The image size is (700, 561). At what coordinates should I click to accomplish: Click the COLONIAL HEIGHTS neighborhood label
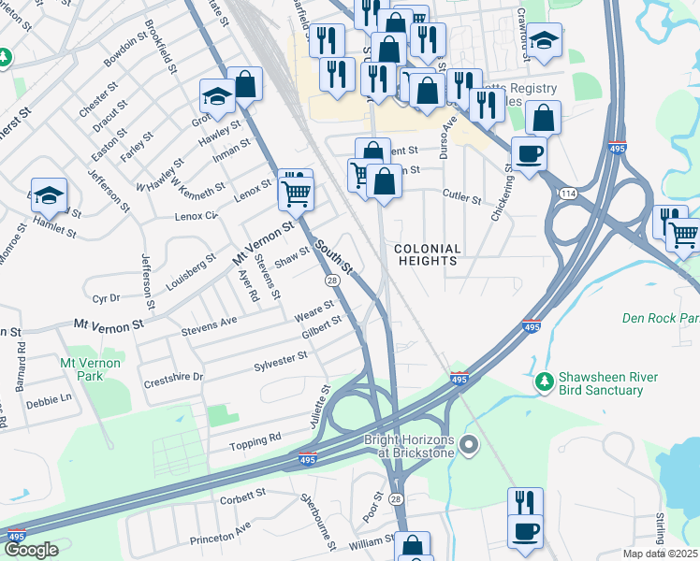[428, 255]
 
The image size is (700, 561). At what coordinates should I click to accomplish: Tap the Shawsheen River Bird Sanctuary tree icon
[544, 381]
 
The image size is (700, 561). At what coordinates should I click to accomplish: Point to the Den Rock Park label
[661, 318]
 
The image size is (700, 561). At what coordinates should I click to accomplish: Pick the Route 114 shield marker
[568, 193]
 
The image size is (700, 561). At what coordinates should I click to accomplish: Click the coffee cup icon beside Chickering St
[529, 152]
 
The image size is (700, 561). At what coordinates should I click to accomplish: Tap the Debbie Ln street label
[49, 398]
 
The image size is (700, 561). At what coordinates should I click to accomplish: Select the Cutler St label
[461, 199]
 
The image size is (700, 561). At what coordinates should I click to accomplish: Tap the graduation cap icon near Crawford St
[544, 39]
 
